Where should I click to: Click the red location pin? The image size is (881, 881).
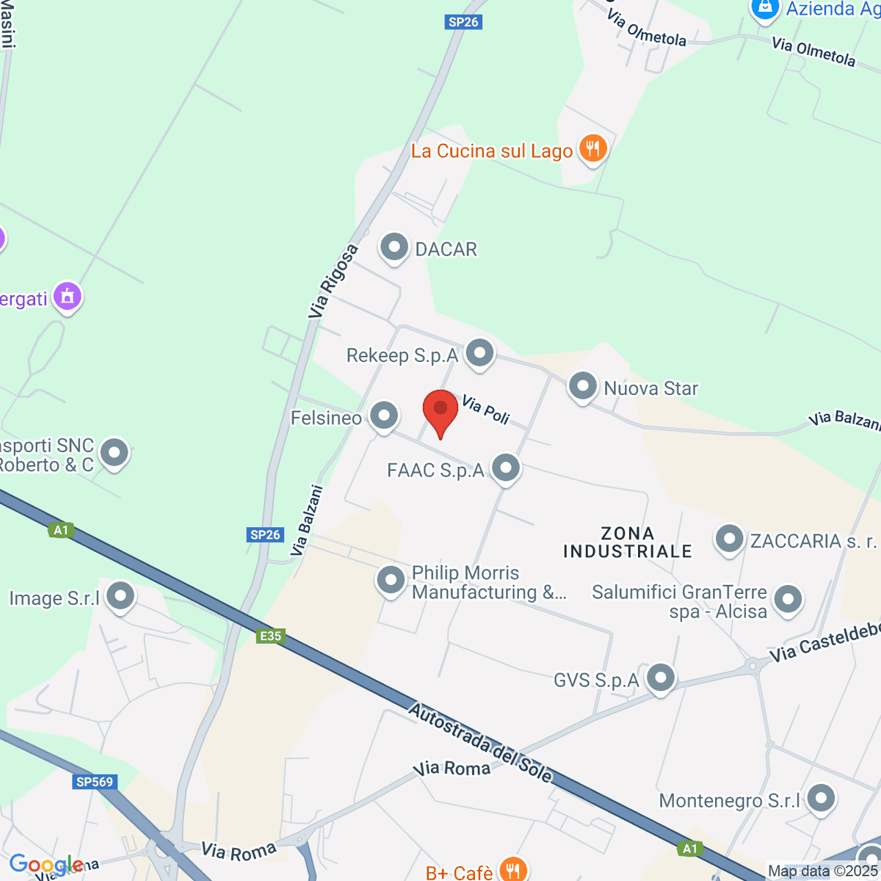point(440,410)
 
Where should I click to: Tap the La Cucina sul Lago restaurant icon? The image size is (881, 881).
point(592,149)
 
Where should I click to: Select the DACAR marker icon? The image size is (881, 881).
point(394,248)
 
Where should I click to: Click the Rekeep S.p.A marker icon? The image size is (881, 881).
point(480,354)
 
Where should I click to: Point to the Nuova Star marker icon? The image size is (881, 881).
point(583,386)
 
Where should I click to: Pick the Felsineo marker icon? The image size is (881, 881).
point(383,416)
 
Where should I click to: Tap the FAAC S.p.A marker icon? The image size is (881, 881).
point(506,468)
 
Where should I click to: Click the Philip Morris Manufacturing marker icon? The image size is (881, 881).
point(391,581)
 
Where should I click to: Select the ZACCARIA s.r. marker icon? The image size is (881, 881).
point(729,540)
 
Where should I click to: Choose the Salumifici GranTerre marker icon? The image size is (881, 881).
point(788,599)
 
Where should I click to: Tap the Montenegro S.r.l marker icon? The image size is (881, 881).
point(820,799)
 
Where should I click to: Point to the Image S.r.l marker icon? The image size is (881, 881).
point(121,596)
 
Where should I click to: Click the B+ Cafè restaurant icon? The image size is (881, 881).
point(512,871)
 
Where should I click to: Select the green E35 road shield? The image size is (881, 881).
point(271,636)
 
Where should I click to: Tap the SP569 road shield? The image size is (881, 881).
point(95,782)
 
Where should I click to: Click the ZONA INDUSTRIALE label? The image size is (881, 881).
point(628,543)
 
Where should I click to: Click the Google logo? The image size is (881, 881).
point(46,865)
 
